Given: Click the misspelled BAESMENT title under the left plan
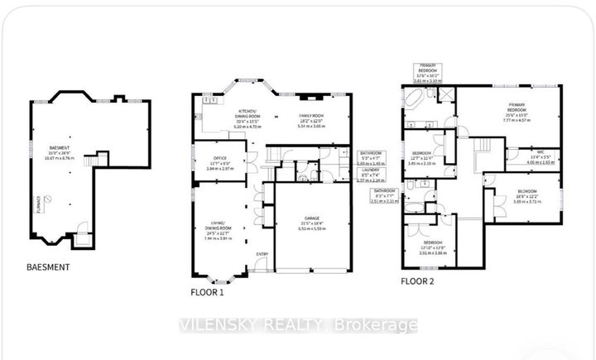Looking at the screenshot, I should click(x=46, y=267).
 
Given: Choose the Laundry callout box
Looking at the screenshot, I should click(x=370, y=175).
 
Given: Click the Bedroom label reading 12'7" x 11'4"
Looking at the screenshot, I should click(x=422, y=159).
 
